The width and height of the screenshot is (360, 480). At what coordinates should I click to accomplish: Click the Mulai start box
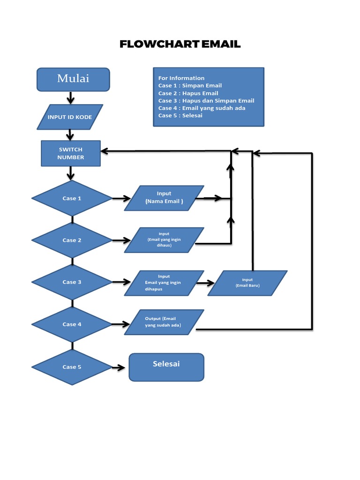tap(73, 79)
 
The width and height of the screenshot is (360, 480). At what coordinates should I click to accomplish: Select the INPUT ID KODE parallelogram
tap(70, 117)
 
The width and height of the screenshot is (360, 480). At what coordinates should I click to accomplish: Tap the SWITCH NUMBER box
tap(71, 153)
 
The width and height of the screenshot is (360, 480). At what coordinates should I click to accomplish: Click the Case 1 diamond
tap(72, 198)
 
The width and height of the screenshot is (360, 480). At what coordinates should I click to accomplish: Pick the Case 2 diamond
tap(72, 240)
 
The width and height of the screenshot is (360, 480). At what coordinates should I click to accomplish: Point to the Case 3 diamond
tap(72, 282)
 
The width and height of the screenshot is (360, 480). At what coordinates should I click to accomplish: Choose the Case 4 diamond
tap(72, 324)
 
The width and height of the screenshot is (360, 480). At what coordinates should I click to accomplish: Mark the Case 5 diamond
tap(72, 367)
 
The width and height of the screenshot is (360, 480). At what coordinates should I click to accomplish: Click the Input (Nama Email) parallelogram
tap(164, 198)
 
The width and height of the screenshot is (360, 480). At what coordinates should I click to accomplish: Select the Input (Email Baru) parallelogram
tap(247, 283)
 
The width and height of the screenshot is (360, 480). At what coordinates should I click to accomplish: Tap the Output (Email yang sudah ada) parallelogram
tap(164, 322)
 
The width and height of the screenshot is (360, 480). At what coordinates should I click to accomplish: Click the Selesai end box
tap(166, 367)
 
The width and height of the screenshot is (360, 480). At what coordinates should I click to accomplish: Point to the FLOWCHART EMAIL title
tap(180, 45)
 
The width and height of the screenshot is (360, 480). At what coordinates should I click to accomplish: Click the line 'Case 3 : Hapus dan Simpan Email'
tap(206, 101)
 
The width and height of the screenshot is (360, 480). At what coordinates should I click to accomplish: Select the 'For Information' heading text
tap(181, 78)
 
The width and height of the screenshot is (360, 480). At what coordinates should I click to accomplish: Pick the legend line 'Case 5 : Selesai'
tap(180, 115)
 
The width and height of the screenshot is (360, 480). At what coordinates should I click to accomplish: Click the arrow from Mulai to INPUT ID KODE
tap(71, 97)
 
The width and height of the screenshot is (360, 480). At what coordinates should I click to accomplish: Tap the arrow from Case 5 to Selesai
tap(120, 367)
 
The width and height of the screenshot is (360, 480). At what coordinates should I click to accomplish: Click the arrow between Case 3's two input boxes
tap(205, 283)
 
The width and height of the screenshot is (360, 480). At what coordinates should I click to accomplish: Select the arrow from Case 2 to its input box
tap(121, 240)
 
